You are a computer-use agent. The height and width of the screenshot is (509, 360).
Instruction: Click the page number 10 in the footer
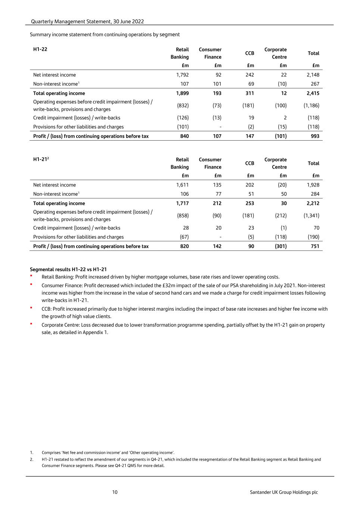click(115, 492)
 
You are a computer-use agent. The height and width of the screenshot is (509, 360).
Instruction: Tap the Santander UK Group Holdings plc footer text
click(284, 492)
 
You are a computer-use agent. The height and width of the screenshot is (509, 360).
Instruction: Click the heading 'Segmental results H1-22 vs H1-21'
click(68, 269)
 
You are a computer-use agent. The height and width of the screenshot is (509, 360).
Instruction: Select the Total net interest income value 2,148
click(313, 75)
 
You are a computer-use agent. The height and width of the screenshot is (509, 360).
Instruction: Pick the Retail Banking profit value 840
click(184, 136)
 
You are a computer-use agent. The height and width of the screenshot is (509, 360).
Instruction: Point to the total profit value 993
click(315, 136)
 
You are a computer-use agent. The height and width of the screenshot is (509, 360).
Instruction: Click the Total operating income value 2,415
click(313, 93)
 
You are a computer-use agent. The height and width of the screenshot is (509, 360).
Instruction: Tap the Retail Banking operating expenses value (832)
click(183, 106)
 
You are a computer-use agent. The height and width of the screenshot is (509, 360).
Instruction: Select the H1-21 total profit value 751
click(315, 246)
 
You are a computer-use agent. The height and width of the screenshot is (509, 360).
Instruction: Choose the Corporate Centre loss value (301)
click(281, 246)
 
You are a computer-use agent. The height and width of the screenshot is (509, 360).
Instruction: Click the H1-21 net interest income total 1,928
click(313, 185)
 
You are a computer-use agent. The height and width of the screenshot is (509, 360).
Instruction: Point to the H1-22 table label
click(40, 49)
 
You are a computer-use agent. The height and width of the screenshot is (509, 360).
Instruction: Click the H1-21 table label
click(40, 159)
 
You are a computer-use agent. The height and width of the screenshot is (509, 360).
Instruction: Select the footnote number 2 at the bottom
click(31, 459)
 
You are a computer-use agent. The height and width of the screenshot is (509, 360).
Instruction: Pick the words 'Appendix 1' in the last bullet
click(95, 332)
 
